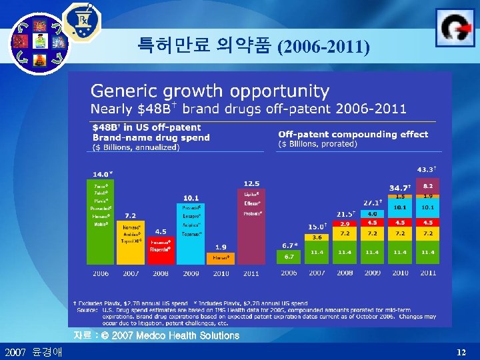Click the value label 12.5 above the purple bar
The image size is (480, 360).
tap(251, 183)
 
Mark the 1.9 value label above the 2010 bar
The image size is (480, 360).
tap(220, 246)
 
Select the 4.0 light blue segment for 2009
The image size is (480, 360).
tap(372, 213)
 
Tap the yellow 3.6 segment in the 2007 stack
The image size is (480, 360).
tap(317, 237)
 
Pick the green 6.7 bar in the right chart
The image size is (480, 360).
tap(289, 257)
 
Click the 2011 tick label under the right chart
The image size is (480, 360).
tap(427, 273)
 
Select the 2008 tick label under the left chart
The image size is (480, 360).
tap(160, 273)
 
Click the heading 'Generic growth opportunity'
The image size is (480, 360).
tap(210, 91)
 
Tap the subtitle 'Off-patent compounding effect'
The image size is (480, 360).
tap(353, 134)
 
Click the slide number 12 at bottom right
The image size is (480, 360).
tap(462, 351)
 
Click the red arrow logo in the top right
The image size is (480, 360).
tap(455, 27)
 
